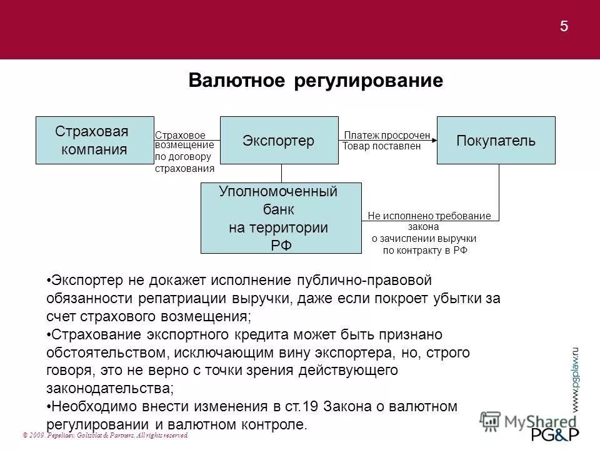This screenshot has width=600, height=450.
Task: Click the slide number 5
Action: click(564, 26)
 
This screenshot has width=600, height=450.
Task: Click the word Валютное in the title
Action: click(237, 81)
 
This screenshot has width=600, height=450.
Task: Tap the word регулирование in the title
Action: click(368, 81)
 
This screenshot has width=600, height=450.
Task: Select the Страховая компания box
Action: click(94, 140)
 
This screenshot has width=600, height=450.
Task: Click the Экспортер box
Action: click(279, 140)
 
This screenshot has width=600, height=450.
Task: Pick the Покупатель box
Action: click(496, 140)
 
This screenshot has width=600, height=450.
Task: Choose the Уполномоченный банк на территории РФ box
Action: click(281, 217)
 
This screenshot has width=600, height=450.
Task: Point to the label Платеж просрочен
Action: click(387, 135)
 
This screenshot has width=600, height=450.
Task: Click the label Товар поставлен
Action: click(382, 146)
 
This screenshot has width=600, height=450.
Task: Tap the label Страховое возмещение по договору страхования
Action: click(184, 151)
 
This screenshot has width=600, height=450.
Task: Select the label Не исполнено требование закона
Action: click(429, 216)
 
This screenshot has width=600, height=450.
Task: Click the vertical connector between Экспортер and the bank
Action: click(281, 173)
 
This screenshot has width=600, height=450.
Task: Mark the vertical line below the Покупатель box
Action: click(499, 187)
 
